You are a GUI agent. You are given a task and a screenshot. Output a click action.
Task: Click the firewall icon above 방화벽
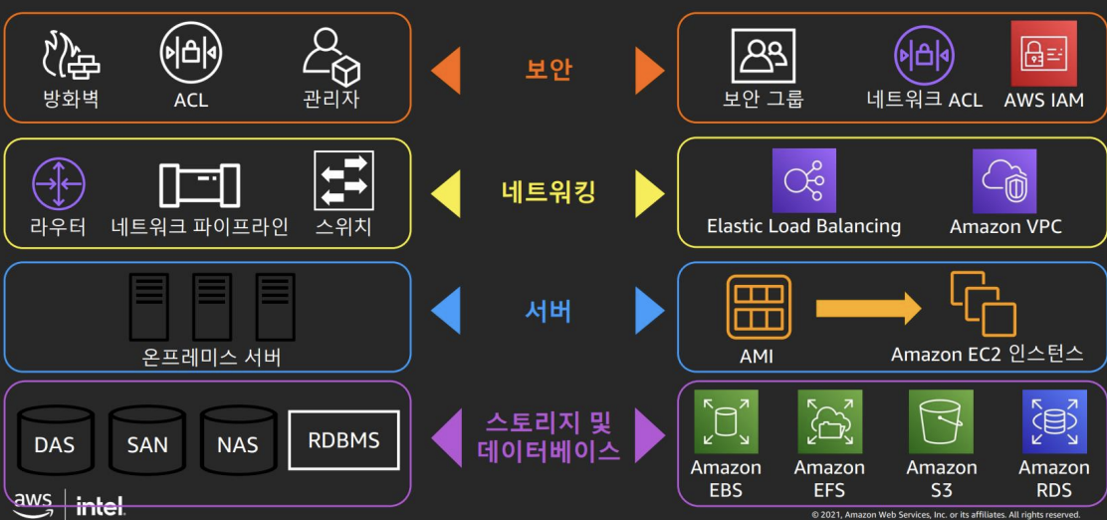pos(71,57)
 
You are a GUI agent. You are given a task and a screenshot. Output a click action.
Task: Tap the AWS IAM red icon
pos(1043,54)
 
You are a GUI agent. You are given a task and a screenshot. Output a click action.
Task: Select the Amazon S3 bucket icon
pos(941,421)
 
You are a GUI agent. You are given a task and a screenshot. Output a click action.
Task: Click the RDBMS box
pos(343,439)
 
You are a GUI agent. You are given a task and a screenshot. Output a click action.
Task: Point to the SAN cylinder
pos(147,439)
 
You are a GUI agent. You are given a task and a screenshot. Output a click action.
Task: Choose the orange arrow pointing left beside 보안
pos(445,71)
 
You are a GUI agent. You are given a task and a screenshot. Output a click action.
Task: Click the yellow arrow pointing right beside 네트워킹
pos(649,192)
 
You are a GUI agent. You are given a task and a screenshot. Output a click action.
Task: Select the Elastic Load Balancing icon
pos(803,180)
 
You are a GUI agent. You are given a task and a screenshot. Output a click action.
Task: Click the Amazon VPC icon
pos(1004,181)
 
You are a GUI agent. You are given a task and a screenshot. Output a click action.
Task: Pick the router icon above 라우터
pos(58,184)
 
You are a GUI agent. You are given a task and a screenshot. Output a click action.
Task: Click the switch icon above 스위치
pos(343,181)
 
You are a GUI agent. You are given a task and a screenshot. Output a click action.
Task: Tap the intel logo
pos(102,506)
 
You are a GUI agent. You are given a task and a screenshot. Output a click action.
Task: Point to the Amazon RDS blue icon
pos(1054,421)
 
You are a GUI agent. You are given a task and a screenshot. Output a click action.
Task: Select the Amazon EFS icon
pos(829,421)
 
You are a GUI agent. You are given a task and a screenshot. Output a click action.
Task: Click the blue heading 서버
pos(548,311)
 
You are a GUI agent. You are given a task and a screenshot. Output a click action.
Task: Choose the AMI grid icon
pos(759,308)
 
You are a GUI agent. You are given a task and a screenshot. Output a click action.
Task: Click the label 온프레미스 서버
pos(211,356)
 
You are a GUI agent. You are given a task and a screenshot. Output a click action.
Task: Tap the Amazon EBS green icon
pos(726,421)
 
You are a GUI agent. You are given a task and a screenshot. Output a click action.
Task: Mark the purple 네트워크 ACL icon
pos(924,54)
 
